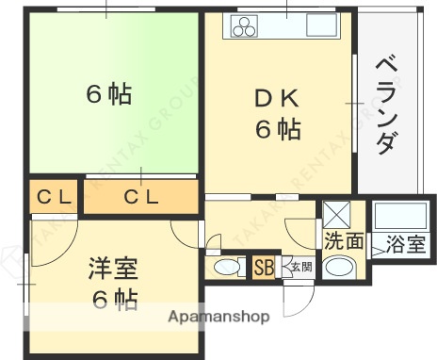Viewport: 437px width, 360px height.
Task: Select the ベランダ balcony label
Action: (x=385, y=104)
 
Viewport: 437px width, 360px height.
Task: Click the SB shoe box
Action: (x=264, y=268)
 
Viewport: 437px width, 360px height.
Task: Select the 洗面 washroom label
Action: (x=343, y=240)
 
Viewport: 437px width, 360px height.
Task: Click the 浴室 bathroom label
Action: (x=405, y=244)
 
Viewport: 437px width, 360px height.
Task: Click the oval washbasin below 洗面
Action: (x=339, y=267)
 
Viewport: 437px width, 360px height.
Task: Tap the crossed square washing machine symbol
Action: (x=335, y=212)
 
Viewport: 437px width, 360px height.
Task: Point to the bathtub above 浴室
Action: (x=400, y=216)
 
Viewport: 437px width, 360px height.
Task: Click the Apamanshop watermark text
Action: (x=219, y=317)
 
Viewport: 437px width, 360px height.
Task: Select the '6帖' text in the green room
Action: (x=108, y=94)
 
